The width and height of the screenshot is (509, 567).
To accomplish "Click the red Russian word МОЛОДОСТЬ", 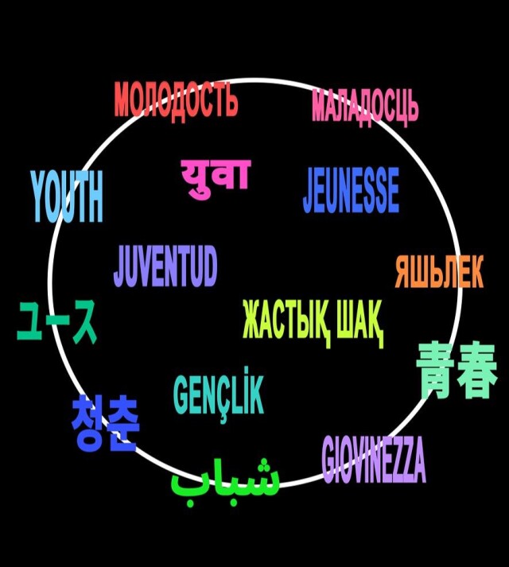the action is pos(177,101).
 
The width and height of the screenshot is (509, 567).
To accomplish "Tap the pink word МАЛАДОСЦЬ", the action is pos(365,107).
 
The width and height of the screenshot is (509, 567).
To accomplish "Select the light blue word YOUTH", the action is pos(67,196).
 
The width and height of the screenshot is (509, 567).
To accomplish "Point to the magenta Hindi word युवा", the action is pos(216,177).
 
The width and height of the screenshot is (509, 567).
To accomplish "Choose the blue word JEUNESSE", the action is pos(351,190).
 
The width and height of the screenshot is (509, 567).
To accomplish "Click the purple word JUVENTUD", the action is pos(165,266).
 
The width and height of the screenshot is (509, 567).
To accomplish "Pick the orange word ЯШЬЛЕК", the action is pos(439,271).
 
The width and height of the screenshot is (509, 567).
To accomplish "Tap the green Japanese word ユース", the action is pos(57,321).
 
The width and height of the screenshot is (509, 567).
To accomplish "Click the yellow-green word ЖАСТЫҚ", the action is pos(286,321).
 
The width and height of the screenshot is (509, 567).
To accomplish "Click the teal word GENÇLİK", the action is pos(219,395).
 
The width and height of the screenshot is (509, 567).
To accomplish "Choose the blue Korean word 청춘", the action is pos(105,422).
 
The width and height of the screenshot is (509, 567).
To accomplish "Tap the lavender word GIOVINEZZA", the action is pos(374,459).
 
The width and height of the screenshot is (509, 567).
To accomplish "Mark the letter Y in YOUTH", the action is pos(41,196).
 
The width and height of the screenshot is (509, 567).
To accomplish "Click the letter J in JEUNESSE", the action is pos(309,191).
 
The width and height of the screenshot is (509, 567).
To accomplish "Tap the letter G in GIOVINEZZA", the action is pos(329,459).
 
